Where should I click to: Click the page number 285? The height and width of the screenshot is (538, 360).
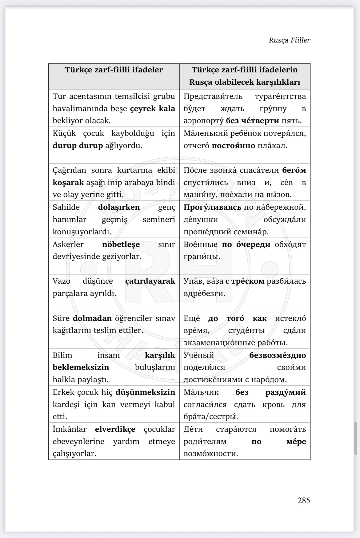(x=304, y=500)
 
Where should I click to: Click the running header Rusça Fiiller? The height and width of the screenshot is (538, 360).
(x=290, y=40)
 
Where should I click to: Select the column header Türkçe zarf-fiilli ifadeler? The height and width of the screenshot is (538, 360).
(x=114, y=70)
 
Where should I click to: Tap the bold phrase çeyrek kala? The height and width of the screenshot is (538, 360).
(x=153, y=109)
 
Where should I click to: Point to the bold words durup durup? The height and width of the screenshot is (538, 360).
(x=78, y=146)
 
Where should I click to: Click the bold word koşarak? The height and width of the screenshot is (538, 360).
(x=68, y=183)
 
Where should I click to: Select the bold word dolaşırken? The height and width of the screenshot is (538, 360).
(x=119, y=207)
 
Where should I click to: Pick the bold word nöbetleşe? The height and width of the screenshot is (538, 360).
(x=121, y=245)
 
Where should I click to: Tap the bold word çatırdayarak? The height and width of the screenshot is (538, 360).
(x=150, y=281)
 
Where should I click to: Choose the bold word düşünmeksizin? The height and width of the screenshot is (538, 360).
(x=145, y=392)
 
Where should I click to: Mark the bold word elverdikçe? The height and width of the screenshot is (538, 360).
(x=115, y=429)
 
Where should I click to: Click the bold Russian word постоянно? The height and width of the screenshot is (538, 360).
(x=234, y=146)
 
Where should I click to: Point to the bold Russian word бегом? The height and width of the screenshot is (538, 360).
(x=294, y=170)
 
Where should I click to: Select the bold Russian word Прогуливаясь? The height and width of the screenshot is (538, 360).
(x=212, y=207)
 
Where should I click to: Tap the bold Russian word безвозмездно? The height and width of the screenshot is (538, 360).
(x=278, y=355)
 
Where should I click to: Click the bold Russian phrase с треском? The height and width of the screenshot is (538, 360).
(x=245, y=281)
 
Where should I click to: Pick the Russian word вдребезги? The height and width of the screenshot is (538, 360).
(x=204, y=293)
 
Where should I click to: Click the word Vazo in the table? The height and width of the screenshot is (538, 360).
(x=61, y=281)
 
